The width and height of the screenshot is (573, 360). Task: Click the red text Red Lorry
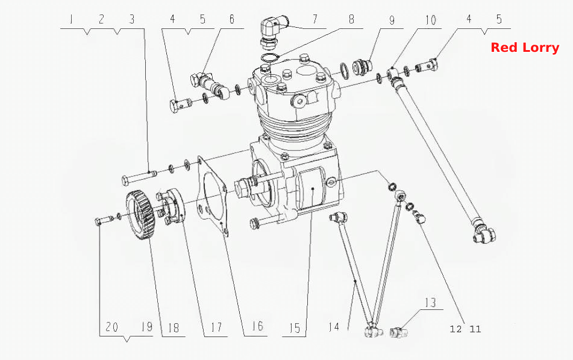click(x=525, y=48)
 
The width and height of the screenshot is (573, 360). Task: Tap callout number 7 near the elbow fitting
click(x=315, y=19)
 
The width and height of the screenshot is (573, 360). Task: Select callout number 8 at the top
click(x=351, y=19)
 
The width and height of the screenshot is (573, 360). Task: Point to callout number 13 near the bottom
click(x=430, y=303)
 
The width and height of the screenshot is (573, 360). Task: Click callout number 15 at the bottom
click(x=295, y=328)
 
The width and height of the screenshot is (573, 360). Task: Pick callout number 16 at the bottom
click(x=257, y=326)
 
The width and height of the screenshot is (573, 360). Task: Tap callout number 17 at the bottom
click(x=216, y=327)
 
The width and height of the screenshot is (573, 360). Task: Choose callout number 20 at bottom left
click(x=112, y=326)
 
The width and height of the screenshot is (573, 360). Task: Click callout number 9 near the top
click(x=392, y=20)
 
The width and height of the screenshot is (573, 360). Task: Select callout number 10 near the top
click(x=430, y=20)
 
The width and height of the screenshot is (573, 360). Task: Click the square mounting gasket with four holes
click(x=213, y=197)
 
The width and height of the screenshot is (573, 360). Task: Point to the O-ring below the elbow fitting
click(x=270, y=57)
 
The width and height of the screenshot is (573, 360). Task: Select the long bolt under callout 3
click(x=139, y=177)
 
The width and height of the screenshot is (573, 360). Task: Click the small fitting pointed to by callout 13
click(x=398, y=332)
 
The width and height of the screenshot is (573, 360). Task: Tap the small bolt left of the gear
click(x=104, y=220)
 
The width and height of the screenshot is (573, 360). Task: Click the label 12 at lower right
click(x=456, y=329)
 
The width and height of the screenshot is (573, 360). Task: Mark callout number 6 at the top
click(x=232, y=19)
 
